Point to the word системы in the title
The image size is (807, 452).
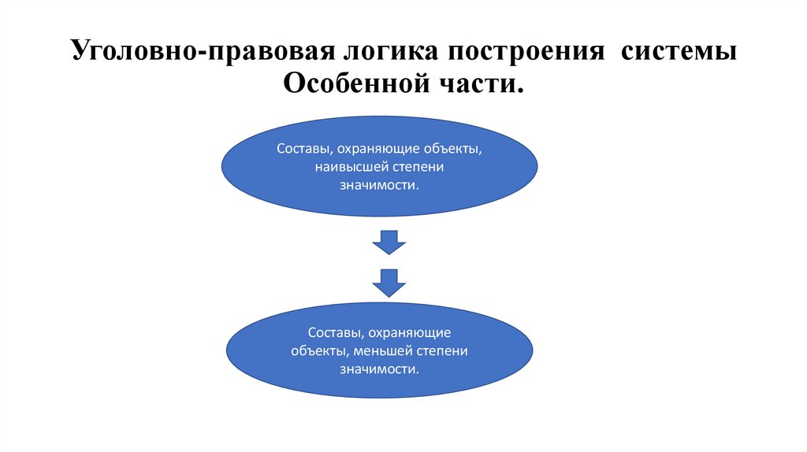[679, 54]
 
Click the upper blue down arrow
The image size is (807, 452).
[389, 242]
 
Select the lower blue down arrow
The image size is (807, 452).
[389, 281]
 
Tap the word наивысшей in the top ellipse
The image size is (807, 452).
[348, 167]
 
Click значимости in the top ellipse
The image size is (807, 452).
[378, 185]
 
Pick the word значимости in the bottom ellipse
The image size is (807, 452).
[378, 368]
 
